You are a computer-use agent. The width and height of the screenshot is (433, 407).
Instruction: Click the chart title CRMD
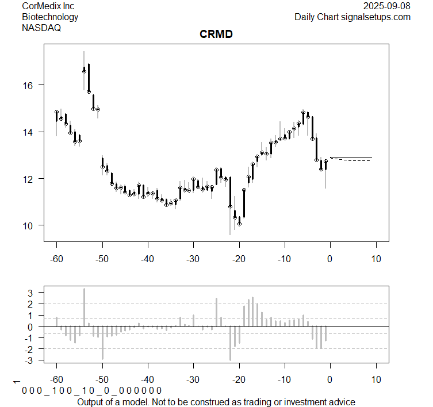[216, 34]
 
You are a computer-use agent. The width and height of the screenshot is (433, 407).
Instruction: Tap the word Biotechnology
[50, 17]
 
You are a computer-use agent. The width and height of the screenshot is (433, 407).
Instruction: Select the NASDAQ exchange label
[41, 27]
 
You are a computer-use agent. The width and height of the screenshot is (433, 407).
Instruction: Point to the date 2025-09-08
[387, 6]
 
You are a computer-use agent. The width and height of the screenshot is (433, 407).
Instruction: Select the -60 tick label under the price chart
[56, 259]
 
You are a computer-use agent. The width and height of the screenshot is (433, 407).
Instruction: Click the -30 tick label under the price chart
[193, 259]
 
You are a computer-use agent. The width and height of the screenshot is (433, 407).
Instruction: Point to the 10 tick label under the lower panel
[375, 380]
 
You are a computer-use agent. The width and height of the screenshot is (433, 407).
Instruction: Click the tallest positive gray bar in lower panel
[84, 308]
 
